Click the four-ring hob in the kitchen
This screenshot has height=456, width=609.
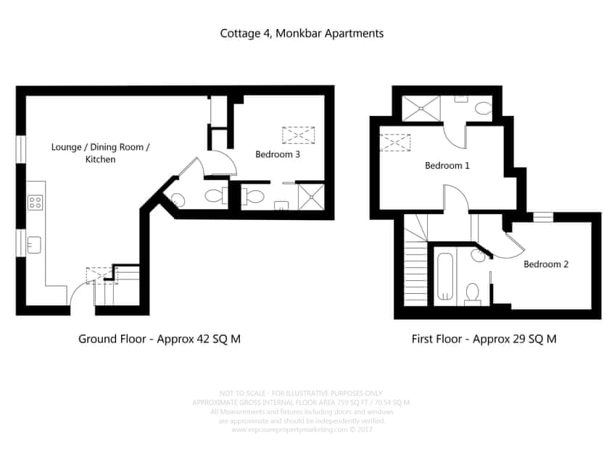(34, 203)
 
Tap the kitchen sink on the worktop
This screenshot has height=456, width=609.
(34, 245)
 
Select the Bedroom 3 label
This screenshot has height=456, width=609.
(277, 154)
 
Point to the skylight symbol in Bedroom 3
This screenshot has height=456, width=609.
(299, 135)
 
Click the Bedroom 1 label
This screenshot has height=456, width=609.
(447, 166)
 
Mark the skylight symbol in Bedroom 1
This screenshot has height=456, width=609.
(396, 141)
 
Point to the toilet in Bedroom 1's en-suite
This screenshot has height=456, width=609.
(483, 109)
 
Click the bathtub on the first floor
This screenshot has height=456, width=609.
(445, 276)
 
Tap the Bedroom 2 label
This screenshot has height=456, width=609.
(546, 264)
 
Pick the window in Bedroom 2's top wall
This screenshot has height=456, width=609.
(542, 216)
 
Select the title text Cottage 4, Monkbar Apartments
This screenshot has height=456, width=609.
(302, 33)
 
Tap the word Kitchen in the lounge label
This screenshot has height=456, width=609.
(100, 159)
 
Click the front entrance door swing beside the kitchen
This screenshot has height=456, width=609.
(80, 297)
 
